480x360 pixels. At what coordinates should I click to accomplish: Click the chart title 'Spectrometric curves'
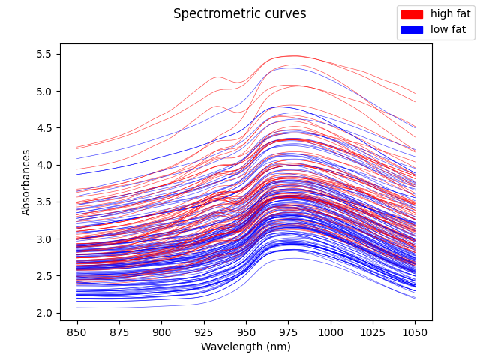(x=239, y=13)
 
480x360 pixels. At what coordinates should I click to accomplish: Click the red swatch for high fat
(x=412, y=14)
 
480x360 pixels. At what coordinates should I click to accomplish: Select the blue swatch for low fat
(x=412, y=30)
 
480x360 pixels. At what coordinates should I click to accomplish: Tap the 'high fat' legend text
(x=451, y=14)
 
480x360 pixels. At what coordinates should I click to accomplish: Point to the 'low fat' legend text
(x=448, y=30)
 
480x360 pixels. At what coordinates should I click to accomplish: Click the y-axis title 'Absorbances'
(x=26, y=182)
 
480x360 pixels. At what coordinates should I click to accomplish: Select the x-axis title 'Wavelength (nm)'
(x=245, y=346)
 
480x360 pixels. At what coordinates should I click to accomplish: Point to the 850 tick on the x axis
(x=77, y=331)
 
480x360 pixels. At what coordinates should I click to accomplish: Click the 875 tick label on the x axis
(x=119, y=331)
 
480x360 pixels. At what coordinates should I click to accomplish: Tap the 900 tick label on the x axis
(x=161, y=331)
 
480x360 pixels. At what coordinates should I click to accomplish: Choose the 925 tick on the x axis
(x=204, y=331)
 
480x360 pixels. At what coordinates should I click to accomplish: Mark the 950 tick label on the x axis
(x=246, y=331)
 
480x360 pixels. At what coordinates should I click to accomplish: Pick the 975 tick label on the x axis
(x=288, y=331)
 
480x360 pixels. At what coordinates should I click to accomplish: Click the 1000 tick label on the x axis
(x=330, y=331)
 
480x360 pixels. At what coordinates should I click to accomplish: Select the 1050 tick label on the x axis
(x=415, y=331)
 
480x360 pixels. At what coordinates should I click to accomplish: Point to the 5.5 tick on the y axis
(x=44, y=54)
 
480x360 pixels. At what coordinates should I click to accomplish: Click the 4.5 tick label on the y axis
(x=44, y=128)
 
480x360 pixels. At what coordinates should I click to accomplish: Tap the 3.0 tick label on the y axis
(x=44, y=239)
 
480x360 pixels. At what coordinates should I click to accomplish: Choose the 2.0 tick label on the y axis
(x=44, y=313)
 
